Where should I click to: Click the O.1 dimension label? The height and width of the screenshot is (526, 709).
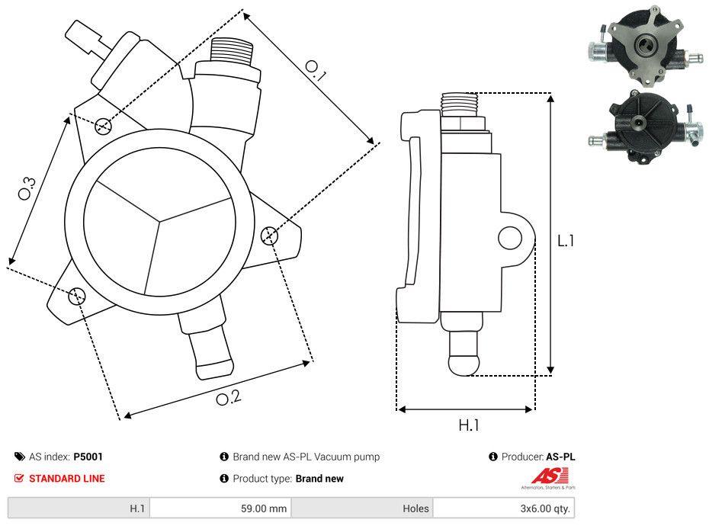coord(316,72)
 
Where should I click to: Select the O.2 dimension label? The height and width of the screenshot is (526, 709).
coord(228,397)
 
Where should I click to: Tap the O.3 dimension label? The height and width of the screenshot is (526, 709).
coord(27,188)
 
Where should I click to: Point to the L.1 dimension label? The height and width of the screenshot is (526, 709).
coord(566,241)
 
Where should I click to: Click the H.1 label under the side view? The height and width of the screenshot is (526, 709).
coord(468,425)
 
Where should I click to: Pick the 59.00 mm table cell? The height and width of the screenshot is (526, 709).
coord(220,508)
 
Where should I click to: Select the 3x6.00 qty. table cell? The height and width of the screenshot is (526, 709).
coord(504,508)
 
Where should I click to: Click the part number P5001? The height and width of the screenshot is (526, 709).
coord(88,457)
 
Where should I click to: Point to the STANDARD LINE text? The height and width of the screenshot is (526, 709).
coord(66,479)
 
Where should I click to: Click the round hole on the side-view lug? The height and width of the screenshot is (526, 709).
coord(509,239)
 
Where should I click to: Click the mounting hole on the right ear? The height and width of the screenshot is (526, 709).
coord(268,236)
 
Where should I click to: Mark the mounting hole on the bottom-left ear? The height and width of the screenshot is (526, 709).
coord(76,296)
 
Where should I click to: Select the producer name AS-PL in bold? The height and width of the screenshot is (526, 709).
coord(561,457)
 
